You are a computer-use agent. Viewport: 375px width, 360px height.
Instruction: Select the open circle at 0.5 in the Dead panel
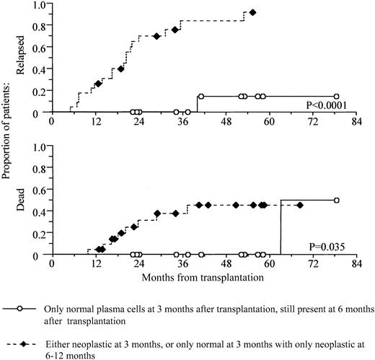pos(337,201)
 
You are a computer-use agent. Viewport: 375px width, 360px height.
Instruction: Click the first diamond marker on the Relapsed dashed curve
pos(98,83)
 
